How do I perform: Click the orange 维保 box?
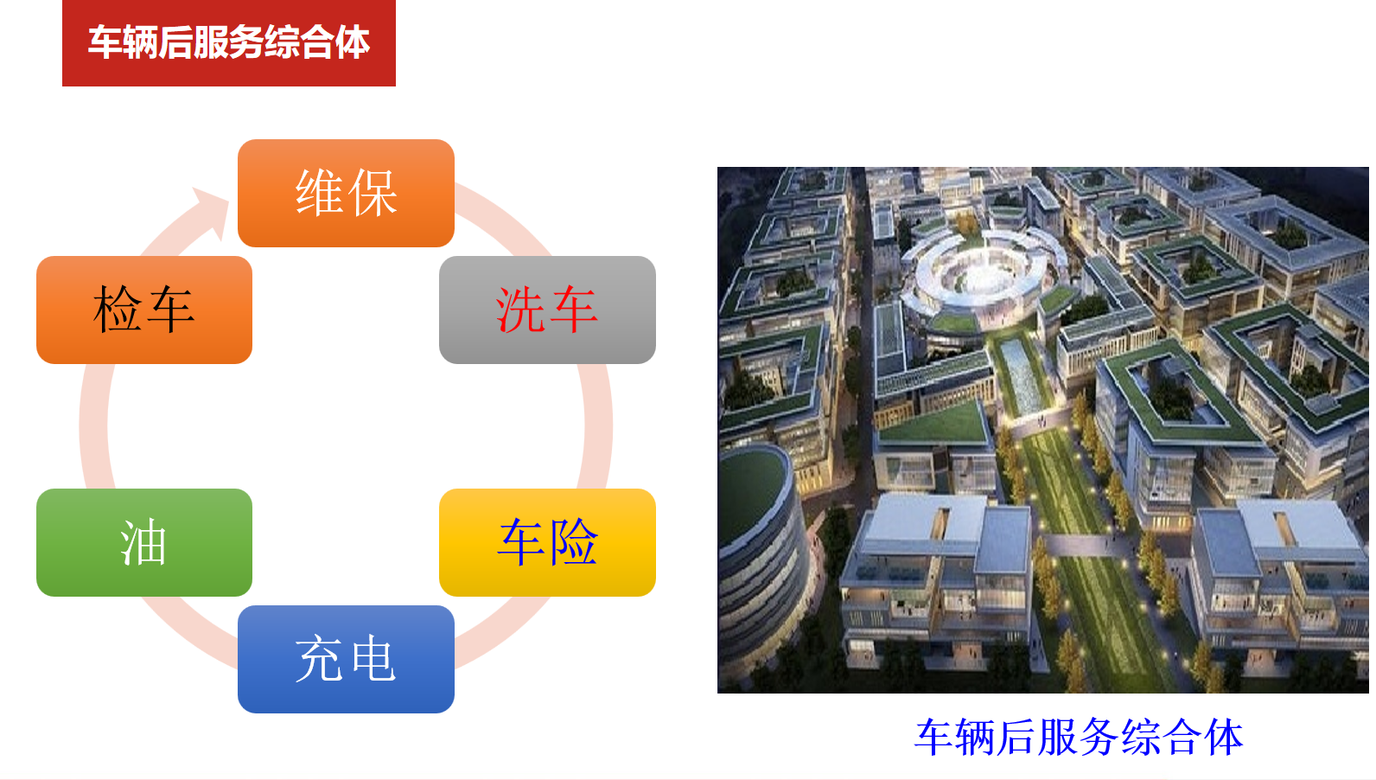click(x=346, y=193)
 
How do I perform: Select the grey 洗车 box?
click(x=547, y=310)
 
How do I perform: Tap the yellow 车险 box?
click(x=547, y=542)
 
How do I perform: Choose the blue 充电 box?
click(x=346, y=659)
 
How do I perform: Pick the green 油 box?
click(x=144, y=542)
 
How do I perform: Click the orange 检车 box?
click(x=144, y=310)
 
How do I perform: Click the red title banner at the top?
click(x=228, y=43)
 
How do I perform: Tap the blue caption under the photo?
click(x=1079, y=737)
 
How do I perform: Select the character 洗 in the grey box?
click(x=519, y=310)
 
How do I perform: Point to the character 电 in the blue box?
click(x=373, y=659)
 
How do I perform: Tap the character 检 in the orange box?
click(x=118, y=310)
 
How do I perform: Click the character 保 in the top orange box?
click(x=373, y=193)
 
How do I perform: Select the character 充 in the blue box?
click(x=319, y=659)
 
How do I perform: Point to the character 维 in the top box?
click(x=319, y=193)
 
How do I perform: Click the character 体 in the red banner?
click(x=353, y=43)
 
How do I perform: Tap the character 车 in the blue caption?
click(x=934, y=737)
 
